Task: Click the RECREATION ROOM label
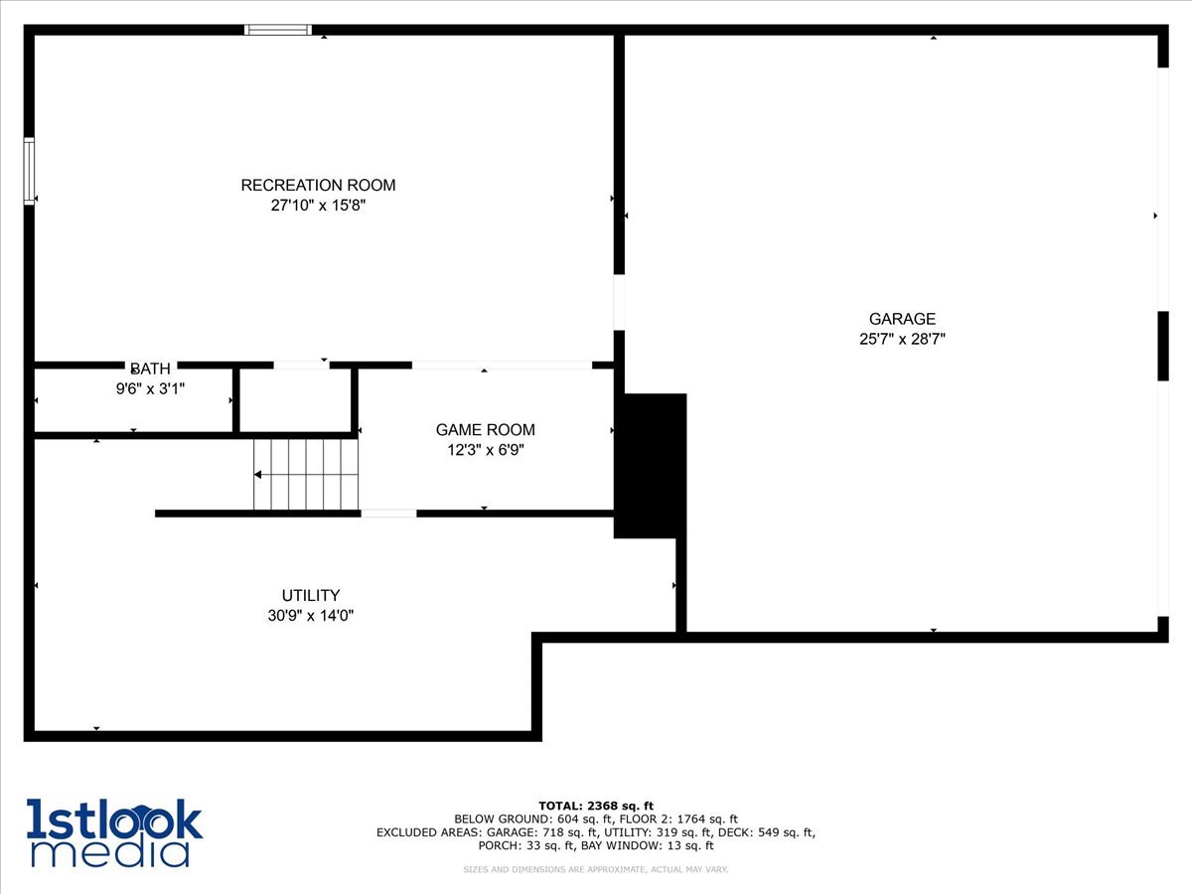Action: [318, 185]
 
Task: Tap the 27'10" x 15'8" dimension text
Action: [318, 206]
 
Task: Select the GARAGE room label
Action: [902, 319]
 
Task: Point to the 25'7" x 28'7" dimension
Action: [902, 339]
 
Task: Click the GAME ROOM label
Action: [485, 430]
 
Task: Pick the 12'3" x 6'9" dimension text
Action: [485, 450]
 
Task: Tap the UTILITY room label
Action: [310, 595]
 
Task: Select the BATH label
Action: [150, 369]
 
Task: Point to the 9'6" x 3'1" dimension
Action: [150, 388]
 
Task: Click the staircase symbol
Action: [305, 475]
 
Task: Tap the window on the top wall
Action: [278, 30]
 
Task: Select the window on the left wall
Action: [29, 171]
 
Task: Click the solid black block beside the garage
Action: [650, 465]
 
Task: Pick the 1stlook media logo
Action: [114, 832]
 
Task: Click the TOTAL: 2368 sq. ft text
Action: [596, 806]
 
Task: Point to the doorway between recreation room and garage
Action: [619, 302]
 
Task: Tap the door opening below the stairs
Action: [388, 514]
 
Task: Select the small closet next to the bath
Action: [296, 400]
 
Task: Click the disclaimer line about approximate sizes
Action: [596, 870]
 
